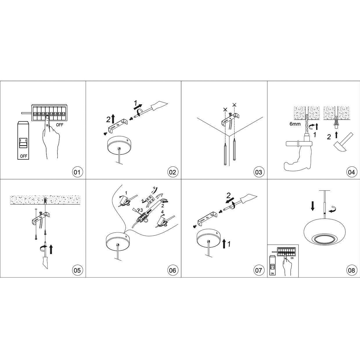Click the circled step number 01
tap(77, 172)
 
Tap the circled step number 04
tap(351, 172)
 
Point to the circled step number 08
tap(351, 270)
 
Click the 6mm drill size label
tap(295, 124)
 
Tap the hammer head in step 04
tap(339, 147)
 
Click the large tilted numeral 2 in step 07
tap(228, 195)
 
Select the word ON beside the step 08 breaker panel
tap(292, 258)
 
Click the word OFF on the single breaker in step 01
tap(24, 156)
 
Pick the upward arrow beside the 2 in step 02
tap(113, 119)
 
